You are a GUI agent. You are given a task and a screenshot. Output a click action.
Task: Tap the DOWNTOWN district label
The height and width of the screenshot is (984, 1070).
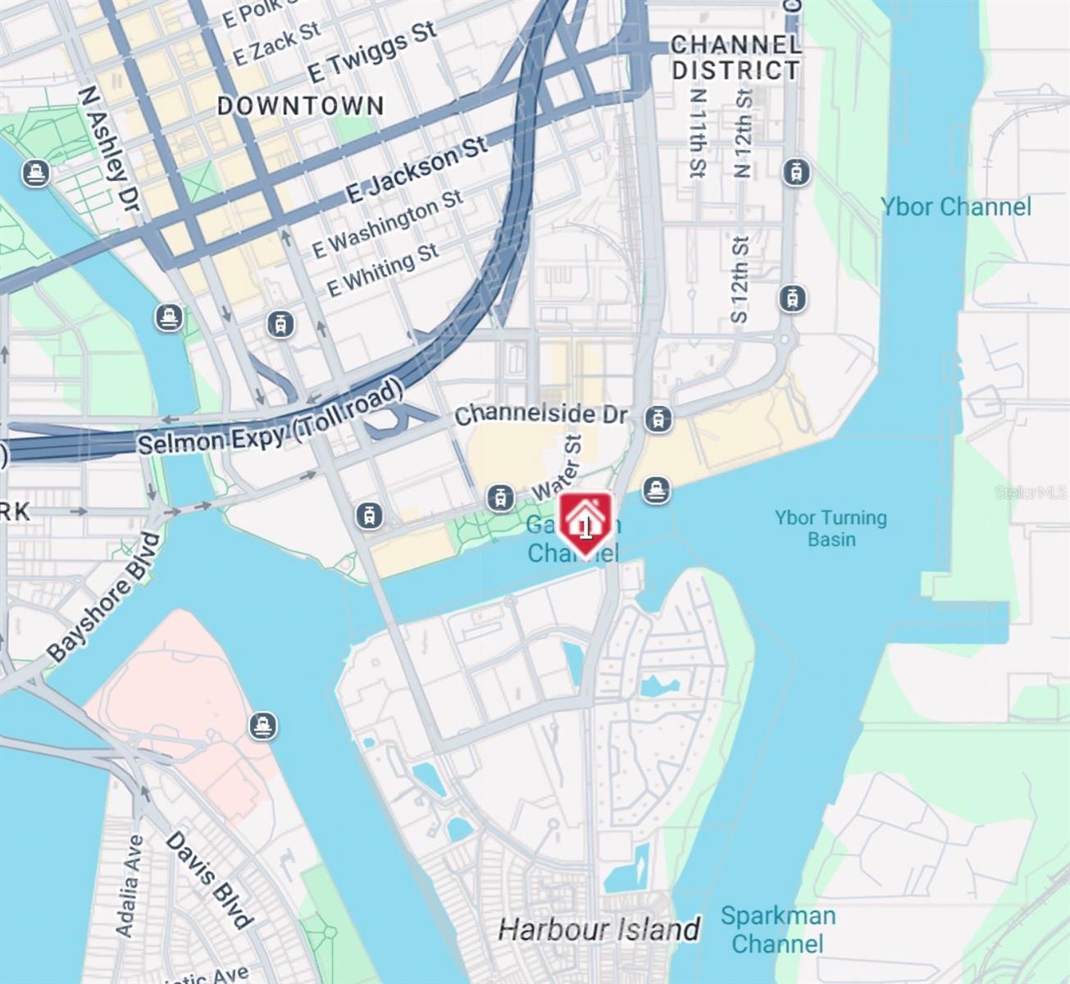tap(300, 106)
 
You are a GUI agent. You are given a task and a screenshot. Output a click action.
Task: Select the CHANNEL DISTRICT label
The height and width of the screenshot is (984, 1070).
tap(735, 57)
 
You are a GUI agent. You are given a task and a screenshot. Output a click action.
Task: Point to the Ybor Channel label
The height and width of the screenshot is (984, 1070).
tap(956, 207)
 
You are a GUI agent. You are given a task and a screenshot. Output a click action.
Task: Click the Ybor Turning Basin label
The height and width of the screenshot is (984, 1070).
tap(831, 528)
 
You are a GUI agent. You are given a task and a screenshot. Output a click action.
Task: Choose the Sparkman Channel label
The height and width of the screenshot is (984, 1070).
tap(777, 929)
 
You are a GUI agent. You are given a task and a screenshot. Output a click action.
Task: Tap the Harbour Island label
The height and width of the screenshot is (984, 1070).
tap(599, 929)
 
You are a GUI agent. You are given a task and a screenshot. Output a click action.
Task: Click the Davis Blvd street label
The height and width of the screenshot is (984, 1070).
tap(208, 879)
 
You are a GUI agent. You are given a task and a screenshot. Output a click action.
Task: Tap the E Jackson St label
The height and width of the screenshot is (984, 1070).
tap(417, 170)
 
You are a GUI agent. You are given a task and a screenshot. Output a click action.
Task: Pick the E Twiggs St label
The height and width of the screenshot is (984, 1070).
tap(371, 51)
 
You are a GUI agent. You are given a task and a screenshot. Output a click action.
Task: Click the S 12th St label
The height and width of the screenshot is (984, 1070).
tap(740, 279)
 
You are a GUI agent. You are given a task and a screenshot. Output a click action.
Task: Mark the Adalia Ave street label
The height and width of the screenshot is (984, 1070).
tap(130, 886)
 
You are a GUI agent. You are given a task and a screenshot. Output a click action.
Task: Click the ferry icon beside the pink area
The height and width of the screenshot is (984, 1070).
tap(262, 725)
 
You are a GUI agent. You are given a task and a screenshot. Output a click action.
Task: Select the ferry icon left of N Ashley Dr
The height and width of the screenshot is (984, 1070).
tap(35, 173)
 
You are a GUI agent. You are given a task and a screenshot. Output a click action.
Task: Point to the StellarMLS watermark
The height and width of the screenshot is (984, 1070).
tap(1031, 492)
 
